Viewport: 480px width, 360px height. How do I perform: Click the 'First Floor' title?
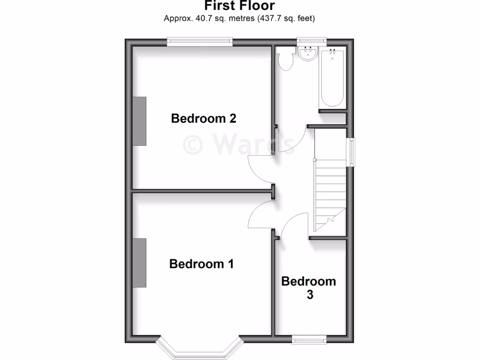click(239, 6)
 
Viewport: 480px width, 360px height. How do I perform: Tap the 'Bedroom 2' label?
click(203, 118)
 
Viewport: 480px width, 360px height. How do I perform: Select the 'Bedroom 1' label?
click(202, 264)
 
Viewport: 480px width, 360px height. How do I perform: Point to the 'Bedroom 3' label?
click(308, 288)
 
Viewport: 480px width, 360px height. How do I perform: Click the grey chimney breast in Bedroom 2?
click(139, 121)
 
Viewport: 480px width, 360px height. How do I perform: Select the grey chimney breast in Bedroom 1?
click(139, 262)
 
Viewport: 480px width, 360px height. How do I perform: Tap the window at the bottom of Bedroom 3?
click(309, 339)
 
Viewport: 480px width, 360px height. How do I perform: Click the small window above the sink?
click(311, 42)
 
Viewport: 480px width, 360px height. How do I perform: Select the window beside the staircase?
click(350, 151)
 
